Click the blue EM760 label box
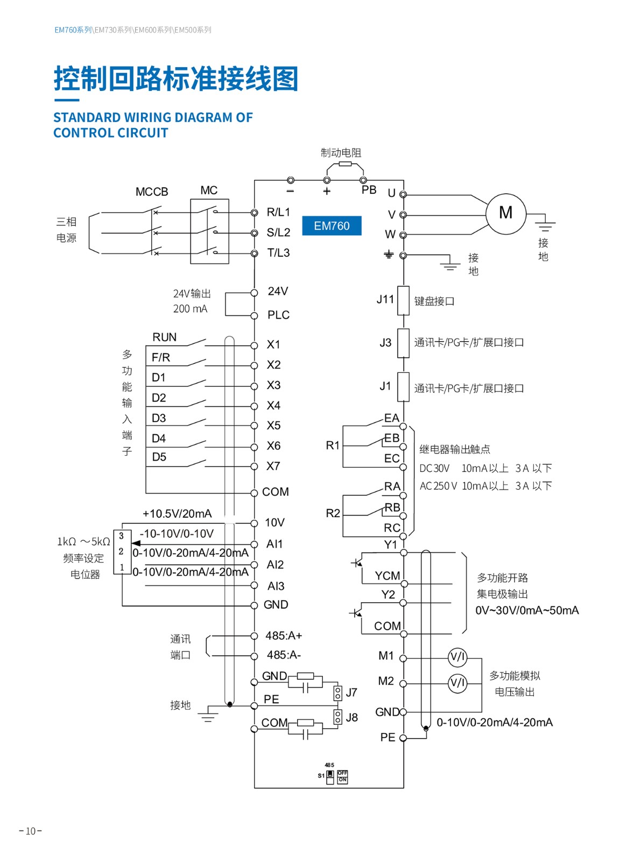331,226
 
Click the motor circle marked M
505,214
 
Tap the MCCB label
152,192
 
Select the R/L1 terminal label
278,212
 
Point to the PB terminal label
369,190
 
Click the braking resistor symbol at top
345,164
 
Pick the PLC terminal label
278,315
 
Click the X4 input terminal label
273,406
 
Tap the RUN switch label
164,337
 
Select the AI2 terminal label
275,564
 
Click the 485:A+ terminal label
284,636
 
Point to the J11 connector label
385,299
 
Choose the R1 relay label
333,446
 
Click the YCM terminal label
388,576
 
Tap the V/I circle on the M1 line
457,657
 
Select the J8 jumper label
351,717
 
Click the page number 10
31,831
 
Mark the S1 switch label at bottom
321,776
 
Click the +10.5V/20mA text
177,514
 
